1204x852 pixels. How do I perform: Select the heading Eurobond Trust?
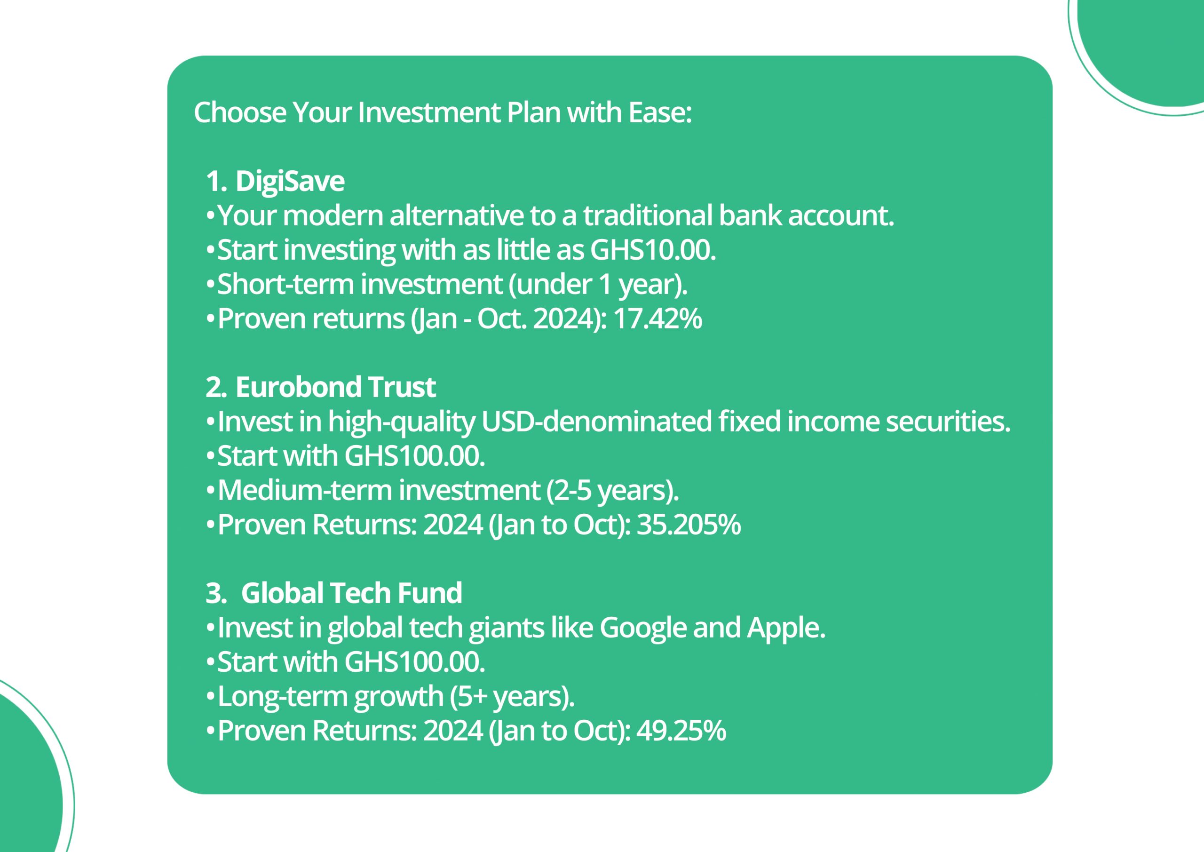[x=336, y=387]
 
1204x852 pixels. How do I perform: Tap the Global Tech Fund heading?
[x=351, y=593]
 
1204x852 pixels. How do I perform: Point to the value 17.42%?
[x=657, y=319]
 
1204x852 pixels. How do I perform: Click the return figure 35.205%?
[x=689, y=525]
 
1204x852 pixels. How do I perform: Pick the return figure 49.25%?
[x=681, y=731]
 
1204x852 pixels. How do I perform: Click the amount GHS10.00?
[x=653, y=250]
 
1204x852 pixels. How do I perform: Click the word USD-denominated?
[x=596, y=422]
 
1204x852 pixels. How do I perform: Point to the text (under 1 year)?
[x=598, y=285]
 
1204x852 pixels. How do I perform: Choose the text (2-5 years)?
[x=612, y=491]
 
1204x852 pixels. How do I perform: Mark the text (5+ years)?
[x=512, y=697]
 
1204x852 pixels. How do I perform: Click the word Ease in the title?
[x=660, y=113]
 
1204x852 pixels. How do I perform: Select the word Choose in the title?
[x=240, y=113]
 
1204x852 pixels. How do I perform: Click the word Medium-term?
[x=305, y=491]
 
